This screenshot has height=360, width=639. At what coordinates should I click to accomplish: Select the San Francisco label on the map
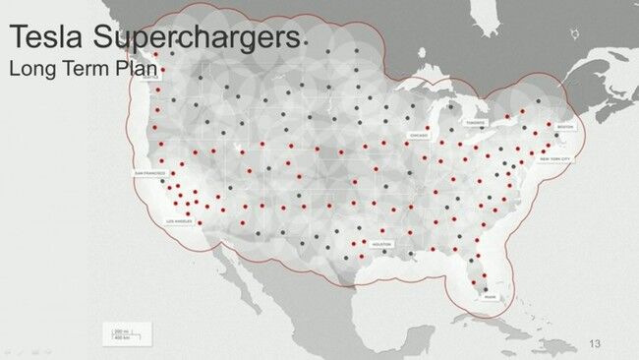(x=147, y=173)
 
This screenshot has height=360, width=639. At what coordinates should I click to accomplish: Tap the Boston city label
(x=564, y=127)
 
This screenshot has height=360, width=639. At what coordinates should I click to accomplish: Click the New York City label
(x=554, y=158)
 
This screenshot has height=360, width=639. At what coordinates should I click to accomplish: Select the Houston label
(x=381, y=244)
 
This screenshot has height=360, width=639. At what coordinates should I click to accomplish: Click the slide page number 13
(x=594, y=343)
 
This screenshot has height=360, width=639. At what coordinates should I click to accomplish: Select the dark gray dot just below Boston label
(x=557, y=136)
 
